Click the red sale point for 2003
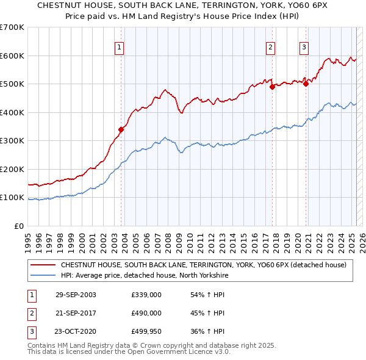click(121, 129)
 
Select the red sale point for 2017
click(273, 87)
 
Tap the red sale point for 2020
click(306, 84)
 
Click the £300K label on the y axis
click(12, 141)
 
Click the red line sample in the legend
click(42, 265)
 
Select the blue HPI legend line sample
click(42, 275)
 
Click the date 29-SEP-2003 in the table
click(75, 295)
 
